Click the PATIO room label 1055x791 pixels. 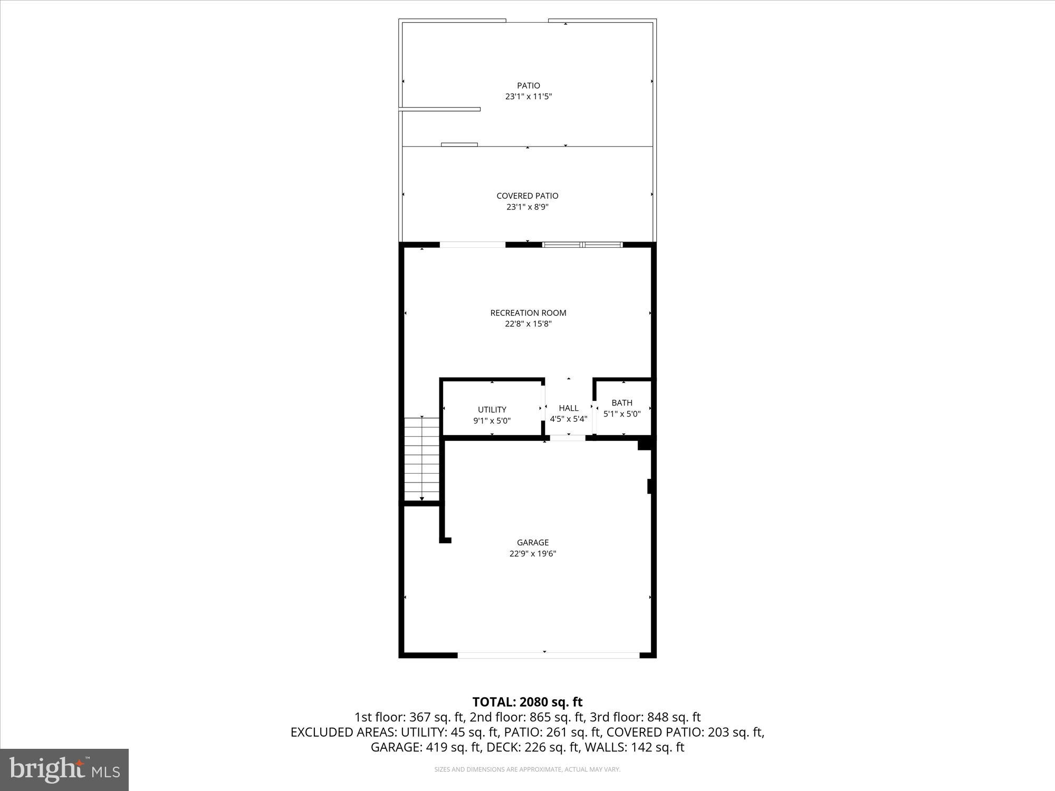click(x=528, y=85)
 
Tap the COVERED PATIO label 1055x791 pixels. click(x=527, y=196)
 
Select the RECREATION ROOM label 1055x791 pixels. click(x=528, y=313)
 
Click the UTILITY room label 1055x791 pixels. click(x=492, y=409)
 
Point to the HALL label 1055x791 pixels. click(x=568, y=408)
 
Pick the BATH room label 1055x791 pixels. click(x=622, y=402)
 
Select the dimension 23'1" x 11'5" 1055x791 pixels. click(x=528, y=97)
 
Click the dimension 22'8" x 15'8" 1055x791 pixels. click(x=528, y=324)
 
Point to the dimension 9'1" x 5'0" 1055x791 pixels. click(x=492, y=421)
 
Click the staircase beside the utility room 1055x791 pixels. click(x=421, y=459)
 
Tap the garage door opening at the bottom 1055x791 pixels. click(x=548, y=655)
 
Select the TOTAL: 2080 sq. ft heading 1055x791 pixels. click(x=527, y=702)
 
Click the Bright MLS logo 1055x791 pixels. click(x=64, y=770)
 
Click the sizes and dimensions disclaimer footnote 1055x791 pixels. click(x=527, y=769)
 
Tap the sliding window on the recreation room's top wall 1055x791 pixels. click(x=582, y=245)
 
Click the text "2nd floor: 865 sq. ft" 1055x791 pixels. click(x=528, y=717)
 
